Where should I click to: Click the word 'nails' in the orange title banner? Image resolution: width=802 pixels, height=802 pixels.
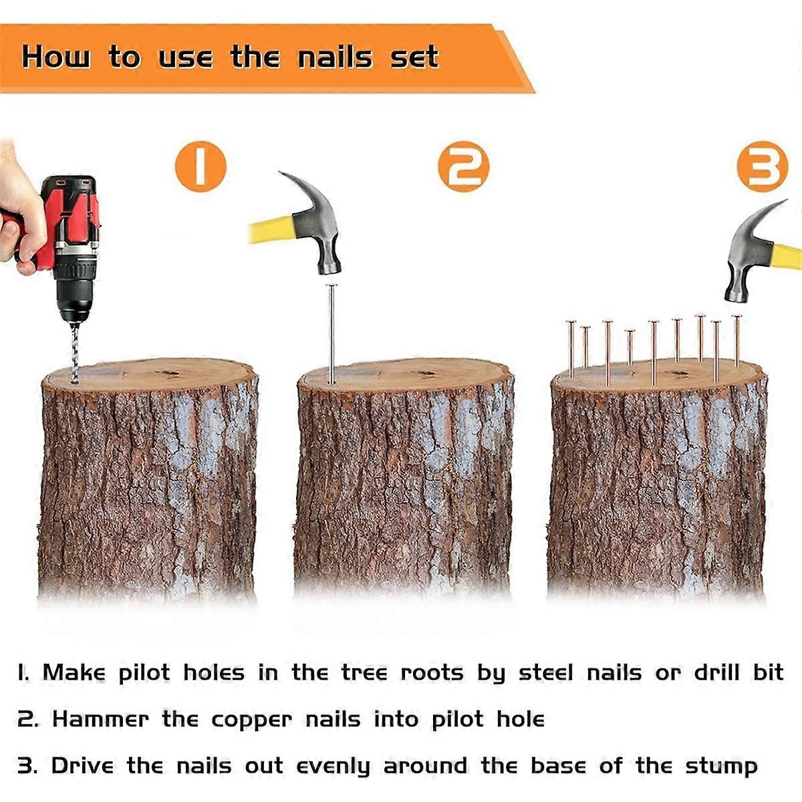pos(335,57)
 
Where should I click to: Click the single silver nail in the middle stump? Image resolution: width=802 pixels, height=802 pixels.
pos(331,334)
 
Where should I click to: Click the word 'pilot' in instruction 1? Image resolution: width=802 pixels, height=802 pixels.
pos(144,672)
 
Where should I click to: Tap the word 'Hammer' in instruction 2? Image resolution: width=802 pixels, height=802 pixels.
pos(100,719)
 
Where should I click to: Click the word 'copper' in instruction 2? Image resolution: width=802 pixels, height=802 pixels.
pos(252,720)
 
